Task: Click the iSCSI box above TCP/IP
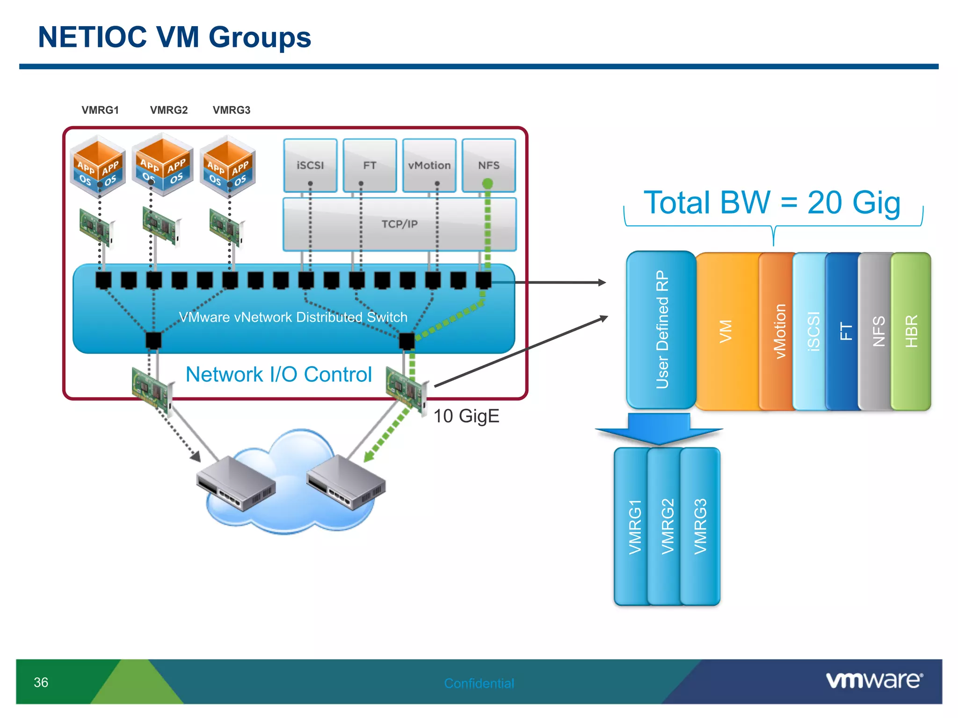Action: click(x=310, y=165)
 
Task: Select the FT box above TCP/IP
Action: click(x=370, y=165)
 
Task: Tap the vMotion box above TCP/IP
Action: click(x=429, y=165)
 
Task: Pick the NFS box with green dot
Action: click(x=489, y=165)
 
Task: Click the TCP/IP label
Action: click(x=399, y=224)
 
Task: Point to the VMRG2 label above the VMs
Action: click(x=169, y=110)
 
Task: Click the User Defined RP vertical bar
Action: click(x=661, y=330)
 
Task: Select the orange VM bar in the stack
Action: click(x=726, y=331)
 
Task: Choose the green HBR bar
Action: click(x=911, y=331)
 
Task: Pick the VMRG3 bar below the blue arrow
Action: click(x=700, y=526)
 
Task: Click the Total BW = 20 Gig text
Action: click(x=772, y=202)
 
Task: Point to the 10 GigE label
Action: click(x=466, y=416)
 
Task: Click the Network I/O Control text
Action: click(x=279, y=374)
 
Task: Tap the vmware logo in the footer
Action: click(x=874, y=680)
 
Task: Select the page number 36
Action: click(x=41, y=682)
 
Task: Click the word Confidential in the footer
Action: click(x=479, y=683)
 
